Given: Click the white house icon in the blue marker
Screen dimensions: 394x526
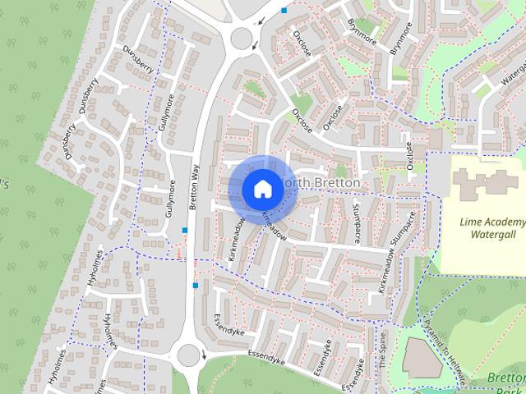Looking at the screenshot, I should pos(262,189).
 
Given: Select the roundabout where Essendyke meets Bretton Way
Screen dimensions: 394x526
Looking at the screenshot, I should pos(188,356).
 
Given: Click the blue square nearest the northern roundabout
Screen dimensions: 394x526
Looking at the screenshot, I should pos(284,11).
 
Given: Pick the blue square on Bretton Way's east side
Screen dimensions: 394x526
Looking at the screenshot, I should pos(196,285).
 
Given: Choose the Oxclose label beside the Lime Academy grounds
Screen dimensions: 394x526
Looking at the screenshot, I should pos(409,153).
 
